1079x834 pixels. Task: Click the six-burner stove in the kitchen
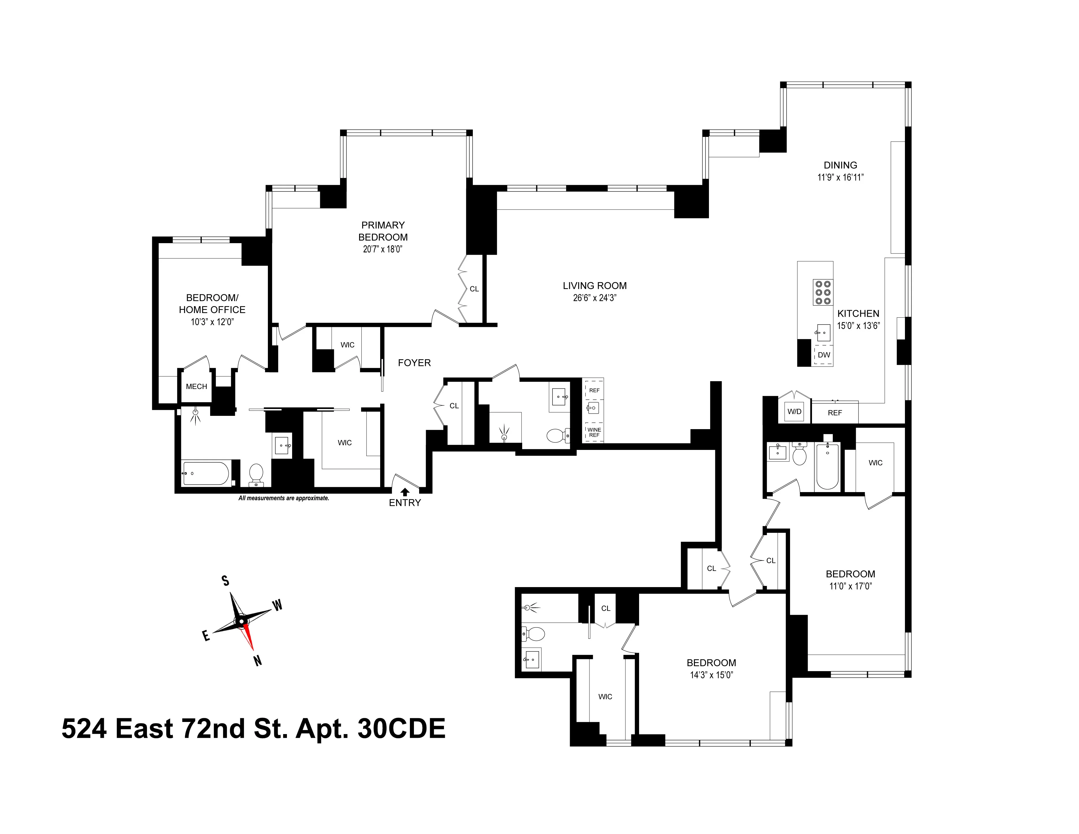823,292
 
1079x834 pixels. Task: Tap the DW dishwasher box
824,355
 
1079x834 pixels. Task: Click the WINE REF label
594,432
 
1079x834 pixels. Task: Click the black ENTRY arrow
405,492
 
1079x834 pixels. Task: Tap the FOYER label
414,363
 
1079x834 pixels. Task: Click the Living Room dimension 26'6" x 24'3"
594,298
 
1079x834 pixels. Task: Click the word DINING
840,165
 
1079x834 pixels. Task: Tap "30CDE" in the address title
401,728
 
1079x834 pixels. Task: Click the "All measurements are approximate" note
283,498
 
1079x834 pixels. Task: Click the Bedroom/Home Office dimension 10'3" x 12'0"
212,322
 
